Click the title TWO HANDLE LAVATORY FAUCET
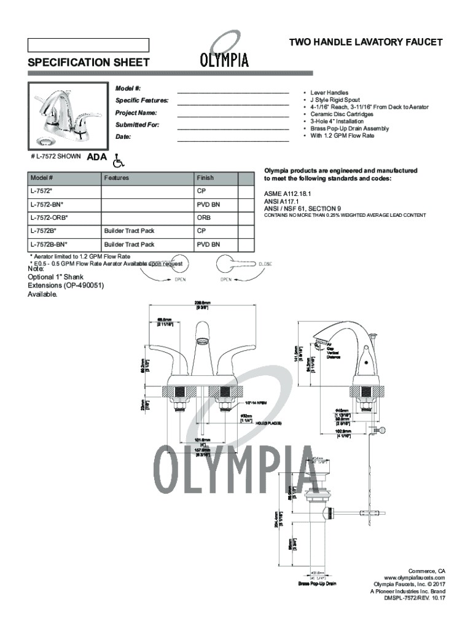click(x=365, y=42)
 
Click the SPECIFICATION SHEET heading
click(x=88, y=62)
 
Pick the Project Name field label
click(x=136, y=113)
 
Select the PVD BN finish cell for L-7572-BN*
click(x=208, y=204)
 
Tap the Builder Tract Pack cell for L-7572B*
click(x=129, y=231)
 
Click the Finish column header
click(x=205, y=178)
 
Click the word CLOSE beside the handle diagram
click(x=265, y=264)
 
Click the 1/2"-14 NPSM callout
click(x=258, y=404)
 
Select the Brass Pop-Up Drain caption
click(x=317, y=583)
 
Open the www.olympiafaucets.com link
click(x=414, y=577)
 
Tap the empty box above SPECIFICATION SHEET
click(x=88, y=45)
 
